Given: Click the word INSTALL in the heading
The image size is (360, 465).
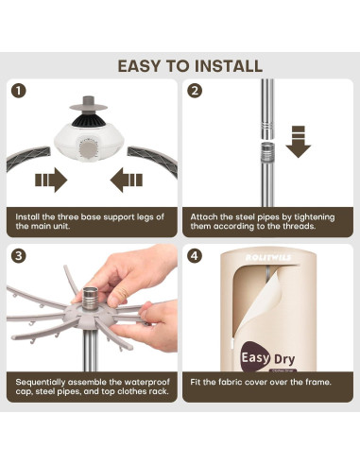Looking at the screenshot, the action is tap(229, 66).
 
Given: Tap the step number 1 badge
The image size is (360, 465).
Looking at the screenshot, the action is tap(19, 91).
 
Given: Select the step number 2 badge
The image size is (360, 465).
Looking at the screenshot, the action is tap(195, 91).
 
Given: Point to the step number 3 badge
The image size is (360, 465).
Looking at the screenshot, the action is tap(19, 255).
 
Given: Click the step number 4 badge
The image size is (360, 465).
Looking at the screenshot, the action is tap(195, 255).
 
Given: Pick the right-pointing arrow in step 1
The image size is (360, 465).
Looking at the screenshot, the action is tap(51, 180).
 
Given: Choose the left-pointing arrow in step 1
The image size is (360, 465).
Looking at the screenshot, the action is tap(127, 180).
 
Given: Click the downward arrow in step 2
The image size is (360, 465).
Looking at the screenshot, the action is tap(299, 142).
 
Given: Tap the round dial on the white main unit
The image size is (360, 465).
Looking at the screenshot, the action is tap(89, 149).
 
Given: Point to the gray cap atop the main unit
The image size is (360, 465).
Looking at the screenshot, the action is tap(88, 104).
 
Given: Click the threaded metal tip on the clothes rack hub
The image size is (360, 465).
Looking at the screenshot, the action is tap(91, 297).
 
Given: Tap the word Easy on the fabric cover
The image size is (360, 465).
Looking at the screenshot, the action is tap(255, 358).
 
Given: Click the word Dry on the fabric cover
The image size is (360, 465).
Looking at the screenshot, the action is tap(284, 359).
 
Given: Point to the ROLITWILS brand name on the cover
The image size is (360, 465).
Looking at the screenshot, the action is tap(268, 258).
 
